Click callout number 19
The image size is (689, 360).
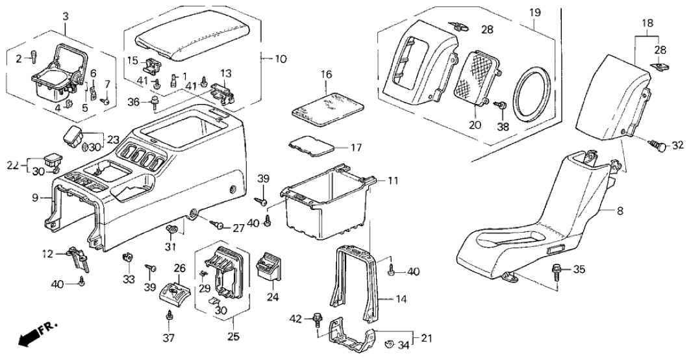coord(534,13)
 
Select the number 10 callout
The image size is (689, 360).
coord(281,59)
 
